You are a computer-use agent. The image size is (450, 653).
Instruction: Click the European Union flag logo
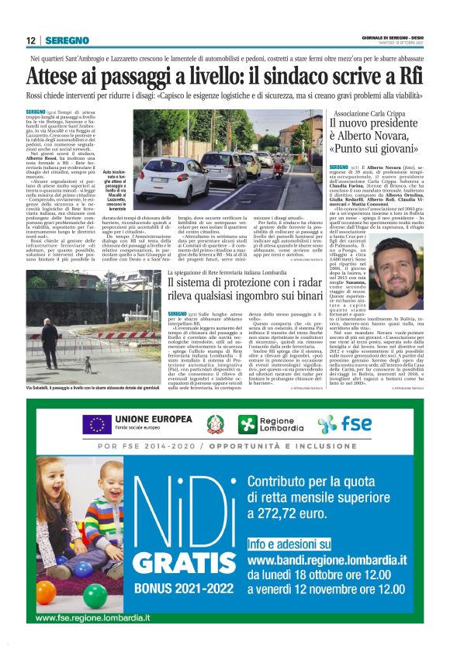pos(98,424)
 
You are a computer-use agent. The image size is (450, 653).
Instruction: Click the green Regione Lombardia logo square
pos(247,424)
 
